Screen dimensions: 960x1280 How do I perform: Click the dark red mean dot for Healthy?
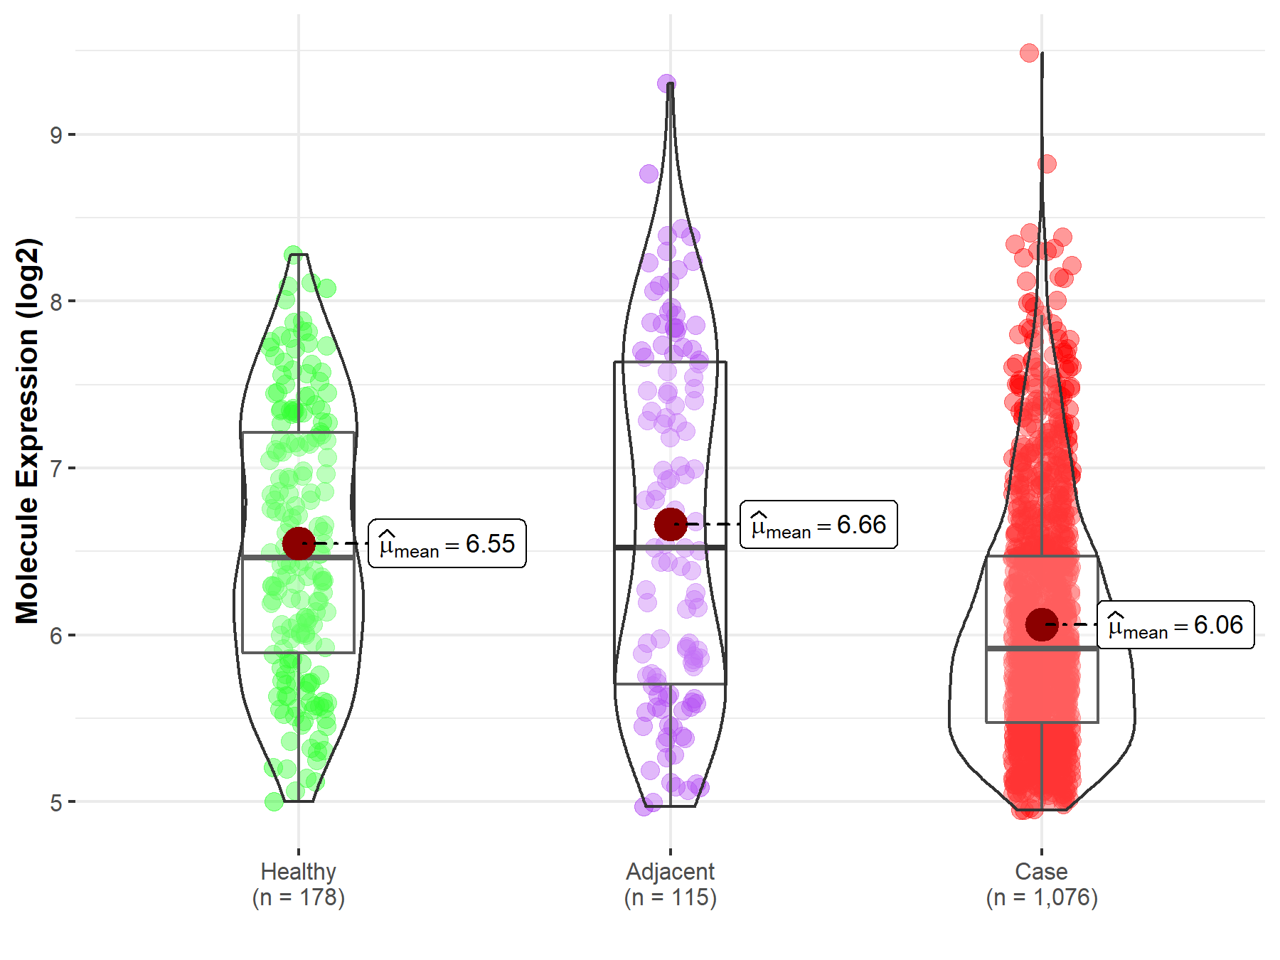pos(299,543)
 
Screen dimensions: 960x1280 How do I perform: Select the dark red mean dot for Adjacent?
pos(670,524)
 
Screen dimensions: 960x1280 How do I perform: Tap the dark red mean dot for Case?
pos(1042,624)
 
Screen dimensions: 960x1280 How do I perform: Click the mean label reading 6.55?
pos(447,544)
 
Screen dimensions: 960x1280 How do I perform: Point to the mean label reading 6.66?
pos(818,525)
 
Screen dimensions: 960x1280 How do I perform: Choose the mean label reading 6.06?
pos(1175,625)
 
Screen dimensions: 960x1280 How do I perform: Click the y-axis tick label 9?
pos(56,134)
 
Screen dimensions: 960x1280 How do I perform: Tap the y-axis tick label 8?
pos(56,302)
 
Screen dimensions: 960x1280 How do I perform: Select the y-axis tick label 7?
pos(56,469)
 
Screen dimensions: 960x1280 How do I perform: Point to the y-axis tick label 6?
pos(56,636)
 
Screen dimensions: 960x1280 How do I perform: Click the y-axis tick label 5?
pos(56,803)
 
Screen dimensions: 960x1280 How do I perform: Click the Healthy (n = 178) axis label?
pos(299,885)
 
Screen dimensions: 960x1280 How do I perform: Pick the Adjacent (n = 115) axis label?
pos(670,885)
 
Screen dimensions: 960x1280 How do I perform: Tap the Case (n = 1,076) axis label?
pos(1042,885)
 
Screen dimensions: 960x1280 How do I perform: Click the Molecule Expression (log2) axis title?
pos(27,430)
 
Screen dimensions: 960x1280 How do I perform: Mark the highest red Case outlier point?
pos(1029,53)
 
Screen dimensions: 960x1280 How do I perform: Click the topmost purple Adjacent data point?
pos(666,84)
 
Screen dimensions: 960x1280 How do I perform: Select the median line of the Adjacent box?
pos(670,547)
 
